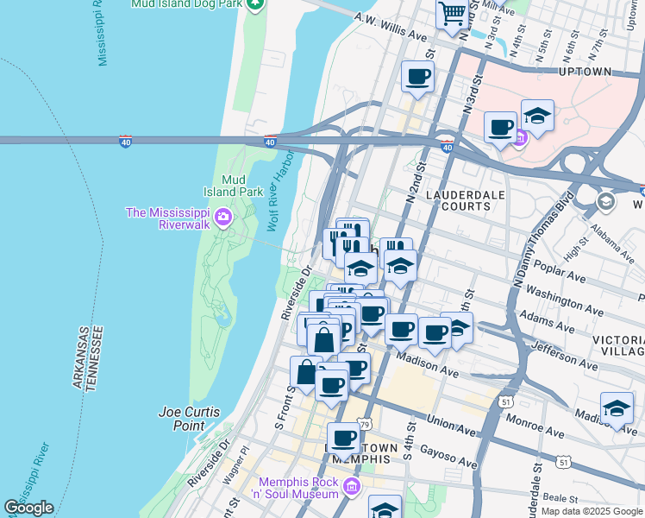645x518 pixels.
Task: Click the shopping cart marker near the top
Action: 452,15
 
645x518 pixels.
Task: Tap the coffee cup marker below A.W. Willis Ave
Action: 417,77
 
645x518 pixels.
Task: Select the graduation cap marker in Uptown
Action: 537,117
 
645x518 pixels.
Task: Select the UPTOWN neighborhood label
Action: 586,72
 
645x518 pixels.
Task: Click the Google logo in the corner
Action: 28,508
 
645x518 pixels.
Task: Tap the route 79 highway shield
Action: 365,424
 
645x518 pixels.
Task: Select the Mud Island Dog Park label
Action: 186,4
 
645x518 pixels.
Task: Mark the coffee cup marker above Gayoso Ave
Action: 343,438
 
